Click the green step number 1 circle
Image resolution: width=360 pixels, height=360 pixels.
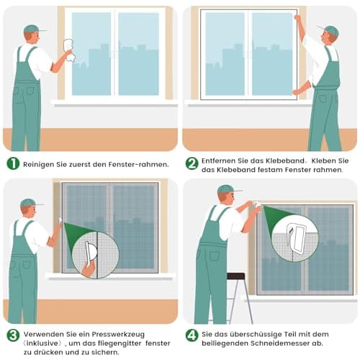click(x=13, y=163)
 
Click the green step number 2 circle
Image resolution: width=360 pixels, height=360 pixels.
click(x=192, y=163)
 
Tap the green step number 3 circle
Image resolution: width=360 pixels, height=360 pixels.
click(x=13, y=335)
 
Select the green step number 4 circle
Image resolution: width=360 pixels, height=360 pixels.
click(x=192, y=335)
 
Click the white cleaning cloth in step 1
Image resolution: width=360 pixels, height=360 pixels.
click(x=69, y=50)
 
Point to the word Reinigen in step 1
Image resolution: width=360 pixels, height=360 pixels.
click(x=39, y=165)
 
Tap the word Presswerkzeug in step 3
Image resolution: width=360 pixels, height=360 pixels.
click(x=118, y=334)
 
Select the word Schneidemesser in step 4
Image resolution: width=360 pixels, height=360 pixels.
click(x=280, y=343)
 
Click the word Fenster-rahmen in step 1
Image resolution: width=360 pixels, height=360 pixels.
click(x=138, y=165)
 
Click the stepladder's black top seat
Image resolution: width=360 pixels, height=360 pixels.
click(x=235, y=276)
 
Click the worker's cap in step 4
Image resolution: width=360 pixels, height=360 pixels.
click(x=228, y=189)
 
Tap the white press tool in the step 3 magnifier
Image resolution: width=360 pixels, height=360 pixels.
click(x=91, y=253)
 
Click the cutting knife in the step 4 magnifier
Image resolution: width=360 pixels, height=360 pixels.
click(x=296, y=238)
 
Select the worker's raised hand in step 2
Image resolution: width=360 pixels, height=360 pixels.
click(x=298, y=18)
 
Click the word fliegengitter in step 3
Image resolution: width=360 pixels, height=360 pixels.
click(x=119, y=343)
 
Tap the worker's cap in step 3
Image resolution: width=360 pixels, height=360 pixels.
click(x=30, y=203)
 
